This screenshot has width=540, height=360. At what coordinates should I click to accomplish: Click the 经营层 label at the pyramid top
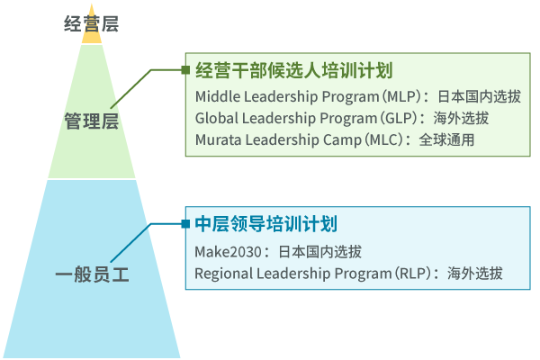91,24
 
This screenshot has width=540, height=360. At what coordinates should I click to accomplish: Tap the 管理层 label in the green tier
92,121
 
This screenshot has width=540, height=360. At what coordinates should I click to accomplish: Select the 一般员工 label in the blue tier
92,274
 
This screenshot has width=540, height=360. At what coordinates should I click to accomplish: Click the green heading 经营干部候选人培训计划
293,70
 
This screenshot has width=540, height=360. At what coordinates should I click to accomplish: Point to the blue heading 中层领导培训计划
265,224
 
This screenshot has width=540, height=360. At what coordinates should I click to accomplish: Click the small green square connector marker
185,70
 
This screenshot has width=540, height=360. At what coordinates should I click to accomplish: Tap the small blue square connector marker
185,224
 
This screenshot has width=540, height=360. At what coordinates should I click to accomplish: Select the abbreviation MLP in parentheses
403,96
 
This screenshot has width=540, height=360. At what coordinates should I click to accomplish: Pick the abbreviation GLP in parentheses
400,118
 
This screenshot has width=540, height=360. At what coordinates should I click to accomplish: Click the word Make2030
228,252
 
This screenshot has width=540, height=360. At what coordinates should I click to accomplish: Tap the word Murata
218,139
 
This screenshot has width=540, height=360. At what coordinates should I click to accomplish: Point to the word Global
217,118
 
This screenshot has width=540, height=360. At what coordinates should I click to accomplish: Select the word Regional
224,274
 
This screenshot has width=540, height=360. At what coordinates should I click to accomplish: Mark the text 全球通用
446,139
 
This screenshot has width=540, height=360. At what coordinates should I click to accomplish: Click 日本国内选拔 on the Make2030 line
319,252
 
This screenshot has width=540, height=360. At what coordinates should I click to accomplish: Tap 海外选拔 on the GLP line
461,118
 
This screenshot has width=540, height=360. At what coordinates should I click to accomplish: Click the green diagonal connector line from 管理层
130,89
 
